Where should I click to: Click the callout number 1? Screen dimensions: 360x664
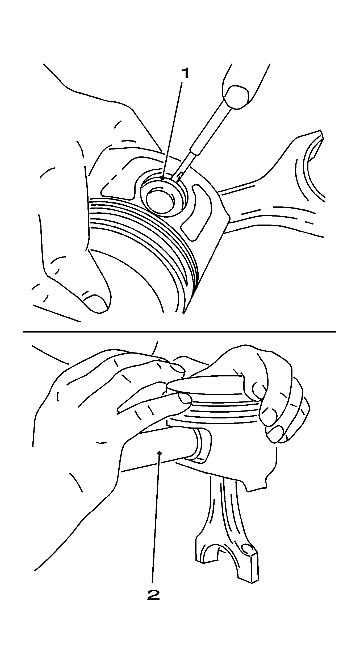click(x=185, y=73)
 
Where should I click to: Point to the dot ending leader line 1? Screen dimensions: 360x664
click(x=163, y=178)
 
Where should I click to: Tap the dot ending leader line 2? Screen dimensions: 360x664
click(x=159, y=453)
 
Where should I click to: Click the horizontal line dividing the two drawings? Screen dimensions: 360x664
click(x=179, y=332)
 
